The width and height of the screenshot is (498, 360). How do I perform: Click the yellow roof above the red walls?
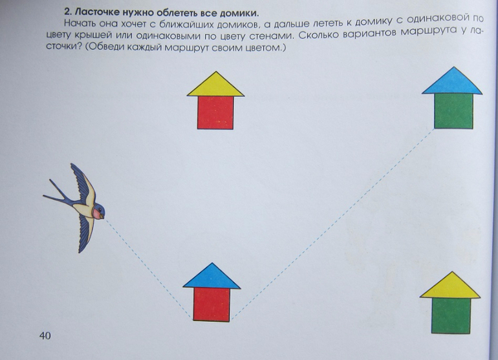click(x=215, y=86)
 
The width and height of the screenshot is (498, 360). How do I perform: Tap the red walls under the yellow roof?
click(x=215, y=112)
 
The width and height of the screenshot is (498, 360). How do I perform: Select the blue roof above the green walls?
click(x=452, y=82)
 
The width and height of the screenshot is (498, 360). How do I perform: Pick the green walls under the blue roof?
click(x=453, y=111)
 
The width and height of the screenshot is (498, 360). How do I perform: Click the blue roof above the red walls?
click(x=212, y=277)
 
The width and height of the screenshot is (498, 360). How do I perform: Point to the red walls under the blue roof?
click(x=211, y=304)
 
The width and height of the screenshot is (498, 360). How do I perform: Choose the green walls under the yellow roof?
click(x=451, y=316)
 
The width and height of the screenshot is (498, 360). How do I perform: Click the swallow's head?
click(x=99, y=211)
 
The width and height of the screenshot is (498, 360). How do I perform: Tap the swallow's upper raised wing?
click(x=83, y=184)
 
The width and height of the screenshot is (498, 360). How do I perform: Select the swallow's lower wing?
click(x=87, y=233)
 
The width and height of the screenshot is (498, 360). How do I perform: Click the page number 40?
click(x=45, y=335)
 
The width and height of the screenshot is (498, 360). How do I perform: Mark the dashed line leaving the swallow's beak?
click(x=149, y=269)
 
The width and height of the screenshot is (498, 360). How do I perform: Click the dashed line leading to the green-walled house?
click(x=332, y=224)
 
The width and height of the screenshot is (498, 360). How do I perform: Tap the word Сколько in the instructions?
click(x=318, y=35)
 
